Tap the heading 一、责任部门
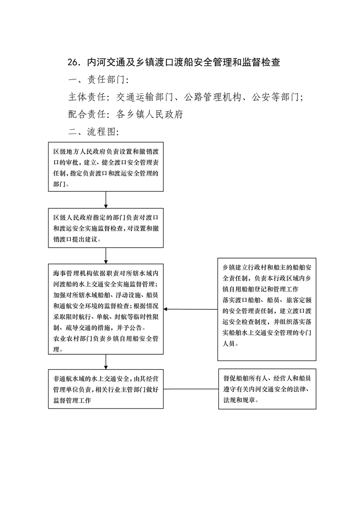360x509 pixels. coord(99,80)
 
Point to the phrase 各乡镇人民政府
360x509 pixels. coord(150,114)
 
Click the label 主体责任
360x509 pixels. coord(87,97)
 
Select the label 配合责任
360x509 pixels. coord(87,114)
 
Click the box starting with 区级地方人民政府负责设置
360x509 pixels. coord(106,167)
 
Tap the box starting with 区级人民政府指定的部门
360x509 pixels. coord(106,228)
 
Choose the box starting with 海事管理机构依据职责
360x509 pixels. coord(106,309)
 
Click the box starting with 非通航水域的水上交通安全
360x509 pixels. coord(106,389)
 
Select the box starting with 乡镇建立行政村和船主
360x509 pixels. coord(267,309)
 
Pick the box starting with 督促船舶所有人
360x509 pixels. coord(267,389)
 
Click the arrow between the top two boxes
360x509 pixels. coord(106,200)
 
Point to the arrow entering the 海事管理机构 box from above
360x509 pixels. coord(106,256)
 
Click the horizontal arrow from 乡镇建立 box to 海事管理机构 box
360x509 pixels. coord(190,309)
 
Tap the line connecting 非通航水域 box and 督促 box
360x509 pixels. coord(191,389)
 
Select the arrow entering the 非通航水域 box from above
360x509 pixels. coord(106,362)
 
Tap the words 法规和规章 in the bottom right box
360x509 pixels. coord(239,400)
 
